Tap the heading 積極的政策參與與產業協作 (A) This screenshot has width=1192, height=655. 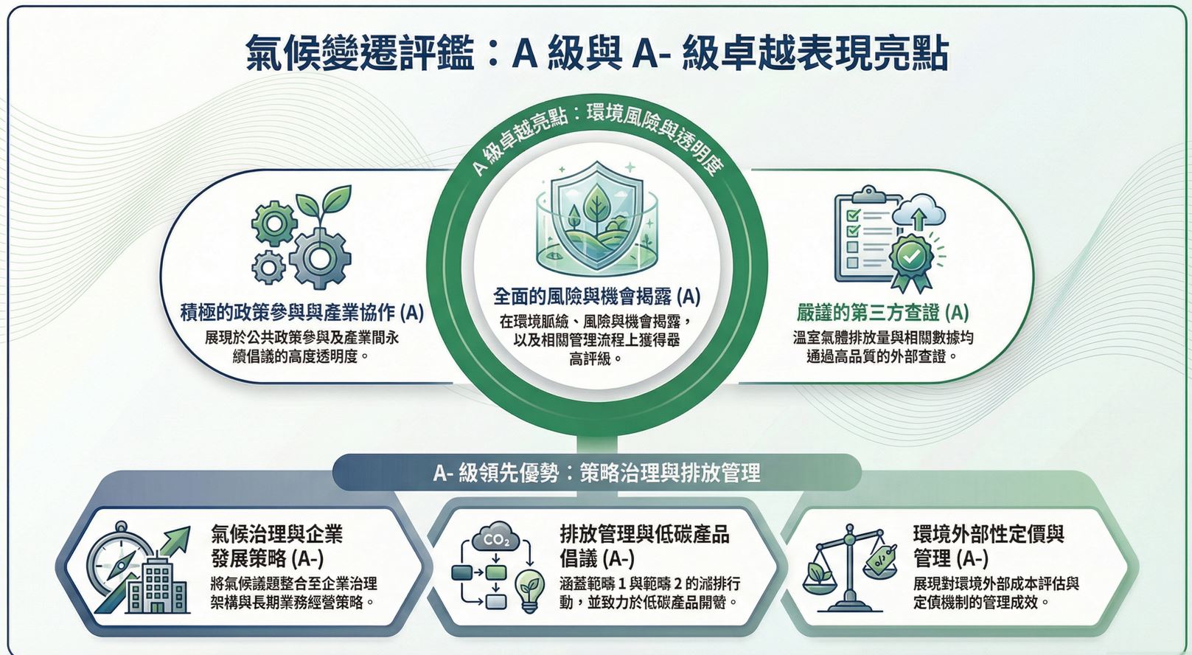point(302,313)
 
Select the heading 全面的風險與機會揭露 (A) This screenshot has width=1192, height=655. point(596,297)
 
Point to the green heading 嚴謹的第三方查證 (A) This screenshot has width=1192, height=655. point(882,313)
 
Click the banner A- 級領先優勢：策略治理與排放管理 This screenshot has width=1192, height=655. point(596,473)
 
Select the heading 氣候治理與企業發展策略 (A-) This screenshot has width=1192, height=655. point(276,545)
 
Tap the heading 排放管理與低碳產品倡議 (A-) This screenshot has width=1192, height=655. point(644,545)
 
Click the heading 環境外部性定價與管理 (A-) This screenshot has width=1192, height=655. point(988,545)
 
